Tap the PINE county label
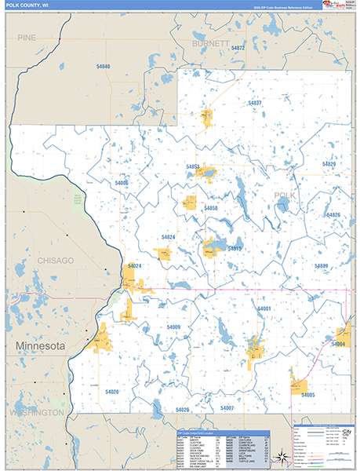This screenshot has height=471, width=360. point(27,37)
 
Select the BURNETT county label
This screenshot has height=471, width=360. point(211,44)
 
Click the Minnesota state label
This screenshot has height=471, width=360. point(37,345)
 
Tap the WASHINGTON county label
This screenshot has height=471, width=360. point(37,411)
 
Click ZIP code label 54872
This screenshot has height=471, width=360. point(238,49)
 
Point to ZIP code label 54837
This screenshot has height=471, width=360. point(253,103)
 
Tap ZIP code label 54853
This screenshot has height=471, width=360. point(193,166)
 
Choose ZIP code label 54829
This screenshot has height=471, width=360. point(329,163)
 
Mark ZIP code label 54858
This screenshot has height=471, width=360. point(210,208)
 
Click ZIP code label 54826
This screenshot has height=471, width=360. point(333,214)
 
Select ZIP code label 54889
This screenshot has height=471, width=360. point(321,266)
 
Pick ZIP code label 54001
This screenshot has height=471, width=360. point(264,309)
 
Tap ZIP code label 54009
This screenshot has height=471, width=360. point(173,327)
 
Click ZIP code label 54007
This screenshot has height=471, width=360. point(227,408)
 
